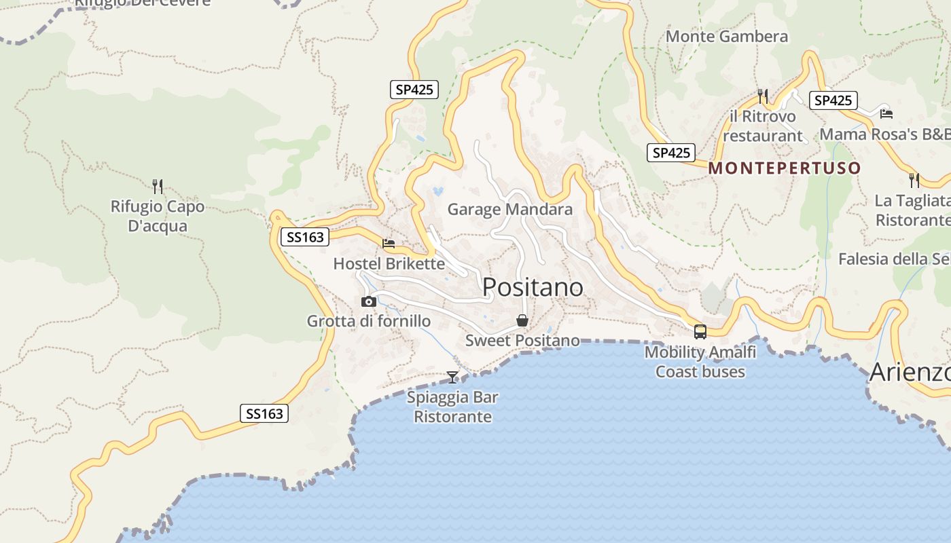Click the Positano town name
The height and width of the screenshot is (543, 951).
coord(533,288)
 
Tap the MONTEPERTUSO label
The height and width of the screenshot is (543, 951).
coord(785,168)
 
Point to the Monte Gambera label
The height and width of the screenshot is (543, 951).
coord(727,36)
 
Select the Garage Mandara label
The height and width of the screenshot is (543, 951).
coord(509,209)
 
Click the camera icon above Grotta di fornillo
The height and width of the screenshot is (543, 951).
coord(369,301)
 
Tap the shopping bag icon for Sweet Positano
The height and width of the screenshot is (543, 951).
coord(522,320)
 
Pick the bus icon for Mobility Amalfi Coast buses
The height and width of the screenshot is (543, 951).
coord(700,332)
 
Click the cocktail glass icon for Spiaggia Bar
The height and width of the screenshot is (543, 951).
coord(452,377)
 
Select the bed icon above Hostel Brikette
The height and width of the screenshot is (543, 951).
coord(389,243)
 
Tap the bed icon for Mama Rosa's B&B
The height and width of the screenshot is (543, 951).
coord(886,113)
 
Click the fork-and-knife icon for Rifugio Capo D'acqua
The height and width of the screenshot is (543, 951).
coord(158,186)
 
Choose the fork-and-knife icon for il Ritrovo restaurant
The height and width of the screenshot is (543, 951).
coord(763,96)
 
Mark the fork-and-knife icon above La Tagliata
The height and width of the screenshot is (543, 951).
coord(914,181)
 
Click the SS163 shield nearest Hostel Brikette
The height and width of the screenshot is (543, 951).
coord(304,237)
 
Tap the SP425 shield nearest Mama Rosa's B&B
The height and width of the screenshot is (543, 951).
coord(833,100)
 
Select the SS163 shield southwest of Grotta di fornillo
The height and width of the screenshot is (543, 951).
coord(264,413)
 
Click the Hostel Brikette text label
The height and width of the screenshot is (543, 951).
coord(389,263)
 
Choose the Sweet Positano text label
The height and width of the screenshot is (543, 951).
coord(522,340)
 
